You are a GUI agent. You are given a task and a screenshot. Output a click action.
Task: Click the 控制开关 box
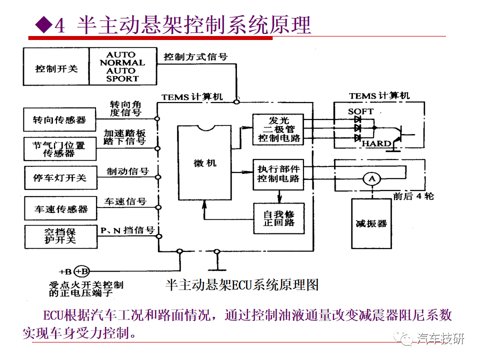tap(56, 66)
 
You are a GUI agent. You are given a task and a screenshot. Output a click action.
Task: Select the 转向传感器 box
tap(59, 119)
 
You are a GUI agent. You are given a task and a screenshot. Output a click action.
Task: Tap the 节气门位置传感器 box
tap(60, 149)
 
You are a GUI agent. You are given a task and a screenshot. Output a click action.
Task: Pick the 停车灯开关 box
tap(60, 177)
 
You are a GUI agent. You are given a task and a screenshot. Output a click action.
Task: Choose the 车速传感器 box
tap(60, 208)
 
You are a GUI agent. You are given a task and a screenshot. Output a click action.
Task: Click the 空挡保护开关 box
tap(61, 236)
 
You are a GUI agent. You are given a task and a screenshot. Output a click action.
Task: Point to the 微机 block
tap(204, 162)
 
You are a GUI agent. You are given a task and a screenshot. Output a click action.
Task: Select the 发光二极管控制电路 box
tap(278, 129)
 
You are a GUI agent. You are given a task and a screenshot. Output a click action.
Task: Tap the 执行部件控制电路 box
tap(278, 174)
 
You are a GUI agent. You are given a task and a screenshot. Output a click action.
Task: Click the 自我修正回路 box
tap(279, 218)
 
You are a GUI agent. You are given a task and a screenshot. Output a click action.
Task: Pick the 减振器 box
tap(371, 223)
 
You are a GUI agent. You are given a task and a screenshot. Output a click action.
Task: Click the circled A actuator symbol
tap(371, 179)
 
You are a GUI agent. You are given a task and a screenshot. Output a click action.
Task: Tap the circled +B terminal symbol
tap(81, 271)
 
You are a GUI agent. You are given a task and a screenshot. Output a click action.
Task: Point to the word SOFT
tap(360, 111)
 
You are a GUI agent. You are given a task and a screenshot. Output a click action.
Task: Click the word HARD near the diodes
tap(376, 143)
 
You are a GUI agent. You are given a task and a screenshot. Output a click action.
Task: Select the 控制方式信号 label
tap(195, 57)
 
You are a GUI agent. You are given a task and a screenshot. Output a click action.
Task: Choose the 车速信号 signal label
tap(125, 201)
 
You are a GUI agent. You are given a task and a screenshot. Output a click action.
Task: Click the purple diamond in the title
tap(44, 24)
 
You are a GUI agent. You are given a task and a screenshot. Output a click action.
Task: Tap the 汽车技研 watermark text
tap(440, 338)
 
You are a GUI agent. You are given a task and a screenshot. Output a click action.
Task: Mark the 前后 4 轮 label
tap(413, 196)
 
